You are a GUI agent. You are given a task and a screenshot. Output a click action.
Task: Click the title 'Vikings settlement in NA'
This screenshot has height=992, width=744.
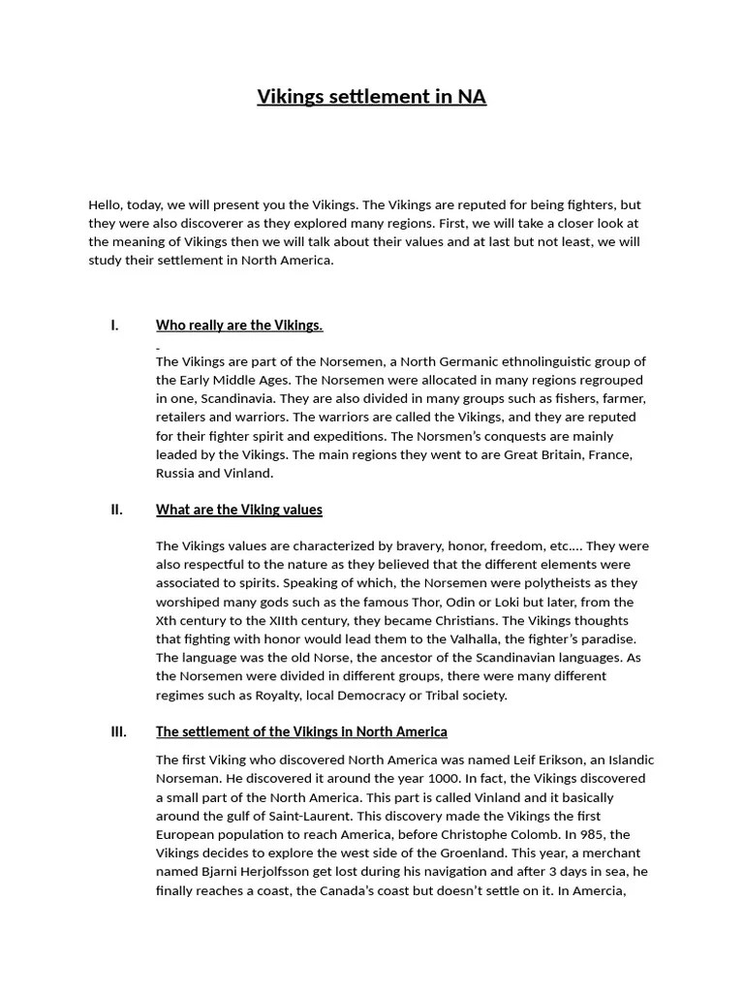point(371,97)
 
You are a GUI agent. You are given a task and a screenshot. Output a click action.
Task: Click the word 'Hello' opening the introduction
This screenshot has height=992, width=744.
point(106,204)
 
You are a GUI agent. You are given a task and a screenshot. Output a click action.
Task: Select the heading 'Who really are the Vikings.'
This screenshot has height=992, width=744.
point(239,325)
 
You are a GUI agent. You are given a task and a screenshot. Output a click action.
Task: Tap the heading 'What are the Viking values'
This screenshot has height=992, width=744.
point(239,510)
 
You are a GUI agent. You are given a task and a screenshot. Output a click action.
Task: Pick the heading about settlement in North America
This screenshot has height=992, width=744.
point(301,731)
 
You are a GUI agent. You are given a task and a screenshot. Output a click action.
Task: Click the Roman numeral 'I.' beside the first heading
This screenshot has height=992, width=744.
point(114,325)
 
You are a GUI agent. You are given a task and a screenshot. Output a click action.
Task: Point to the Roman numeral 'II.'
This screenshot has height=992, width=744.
point(116,510)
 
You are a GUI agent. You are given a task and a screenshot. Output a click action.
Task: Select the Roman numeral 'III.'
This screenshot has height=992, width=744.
point(118,731)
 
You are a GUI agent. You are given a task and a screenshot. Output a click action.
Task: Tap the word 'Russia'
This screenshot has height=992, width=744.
point(175,474)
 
